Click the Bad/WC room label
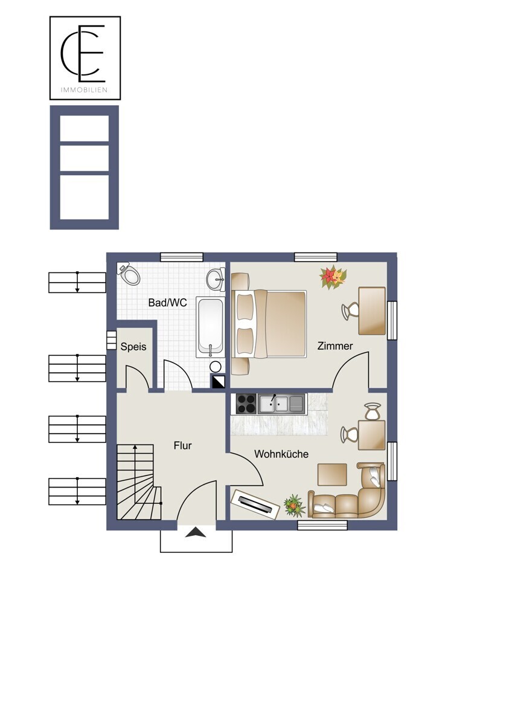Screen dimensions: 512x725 click(x=167, y=303)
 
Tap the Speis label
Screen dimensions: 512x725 click(x=133, y=347)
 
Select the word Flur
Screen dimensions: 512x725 click(x=182, y=446)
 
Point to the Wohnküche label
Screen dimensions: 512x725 click(x=281, y=454)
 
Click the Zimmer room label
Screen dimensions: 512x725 click(x=334, y=346)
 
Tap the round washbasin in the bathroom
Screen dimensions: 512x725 click(x=216, y=279)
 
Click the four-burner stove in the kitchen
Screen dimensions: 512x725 click(x=246, y=404)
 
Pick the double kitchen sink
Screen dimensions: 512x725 click(x=281, y=404)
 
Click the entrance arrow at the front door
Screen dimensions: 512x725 click(x=196, y=532)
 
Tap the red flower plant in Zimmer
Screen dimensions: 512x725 click(x=333, y=277)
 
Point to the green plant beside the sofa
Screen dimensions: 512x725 click(x=294, y=506)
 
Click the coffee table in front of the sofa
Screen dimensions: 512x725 click(x=332, y=474)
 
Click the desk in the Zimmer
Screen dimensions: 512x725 click(x=372, y=311)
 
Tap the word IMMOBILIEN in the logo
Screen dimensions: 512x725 click(x=84, y=90)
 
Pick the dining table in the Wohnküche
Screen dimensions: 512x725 click(x=372, y=435)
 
